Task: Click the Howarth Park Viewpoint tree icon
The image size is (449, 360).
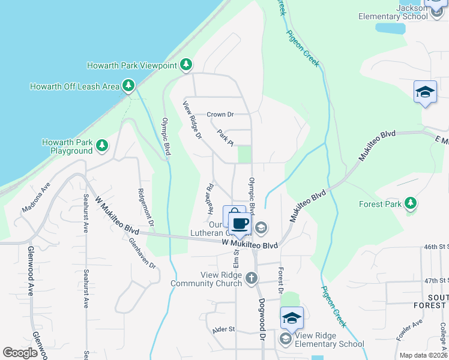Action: pyautogui.click(x=186, y=65)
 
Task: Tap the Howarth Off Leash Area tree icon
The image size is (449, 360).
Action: pyautogui.click(x=128, y=86)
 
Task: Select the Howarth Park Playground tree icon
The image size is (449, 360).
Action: pyautogui.click(x=102, y=146)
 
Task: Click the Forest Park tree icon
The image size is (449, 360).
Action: pyautogui.click(x=411, y=203)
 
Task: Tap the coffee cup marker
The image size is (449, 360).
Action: pyautogui.click(x=240, y=224)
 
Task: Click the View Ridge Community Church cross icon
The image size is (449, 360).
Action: pyautogui.click(x=251, y=278)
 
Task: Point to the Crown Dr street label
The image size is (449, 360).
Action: pyautogui.click(x=219, y=115)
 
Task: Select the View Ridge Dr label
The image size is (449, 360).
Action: pyautogui.click(x=192, y=119)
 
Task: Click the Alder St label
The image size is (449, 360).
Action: pyautogui.click(x=223, y=330)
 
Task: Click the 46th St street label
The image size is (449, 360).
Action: pyautogui.click(x=436, y=247)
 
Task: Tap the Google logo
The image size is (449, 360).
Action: pyautogui.click(x=20, y=353)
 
